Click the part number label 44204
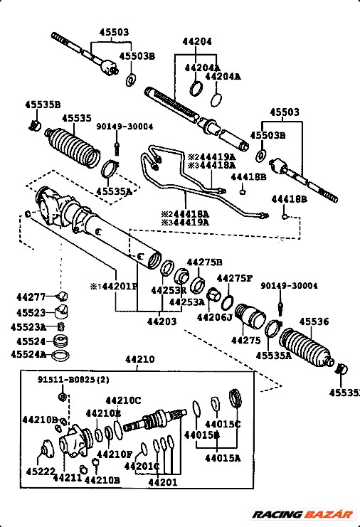coord(197,42)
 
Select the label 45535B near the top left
coord(43,104)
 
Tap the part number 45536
coord(313,321)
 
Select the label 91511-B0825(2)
coord(74,380)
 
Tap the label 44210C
coord(123,400)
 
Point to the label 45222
coord(41,472)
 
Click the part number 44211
coord(67,478)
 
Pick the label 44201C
coord(142,467)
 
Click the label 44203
coord(162,322)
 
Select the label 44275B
coord(204,262)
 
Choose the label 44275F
coord(234,278)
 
